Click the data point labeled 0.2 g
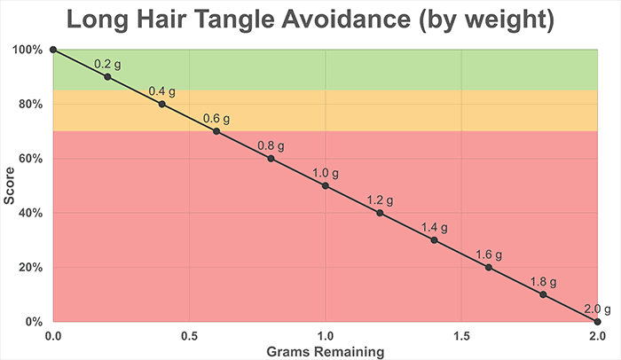pos(107,77)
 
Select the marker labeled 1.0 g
pos(326,186)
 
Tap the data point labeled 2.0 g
pos(598,322)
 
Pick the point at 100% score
pos(53,50)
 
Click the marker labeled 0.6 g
pos(216,131)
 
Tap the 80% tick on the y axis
pos(31,105)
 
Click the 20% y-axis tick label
pos(31,268)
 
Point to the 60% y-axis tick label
pos(31,159)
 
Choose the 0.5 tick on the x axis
pos(189,336)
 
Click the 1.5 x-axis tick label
pos(461,336)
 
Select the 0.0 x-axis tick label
pos(53,336)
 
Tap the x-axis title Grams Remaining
pos(326,351)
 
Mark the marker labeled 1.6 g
pos(489,268)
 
